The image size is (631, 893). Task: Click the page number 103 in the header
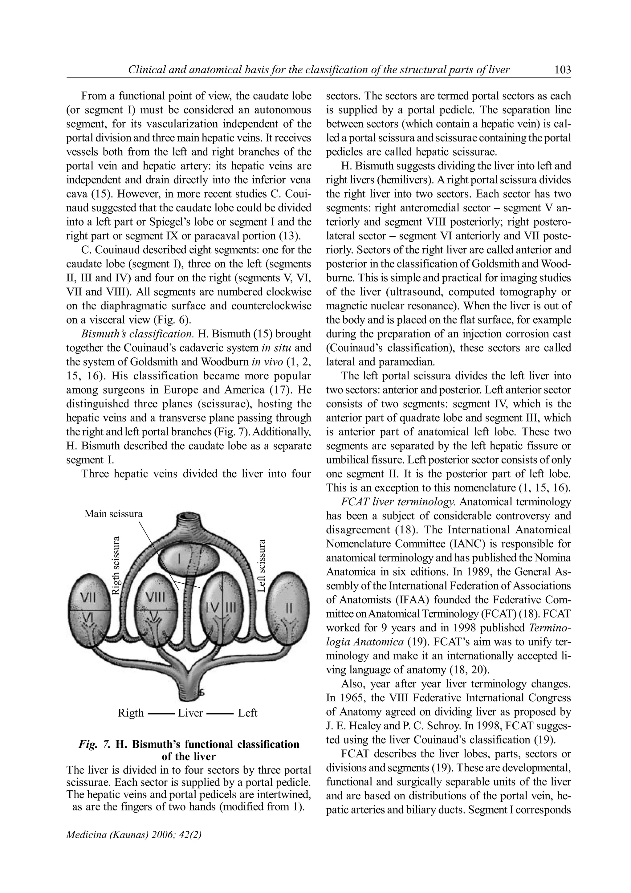pyautogui.click(x=562, y=70)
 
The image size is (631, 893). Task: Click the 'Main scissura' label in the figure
pyautogui.click(x=113, y=514)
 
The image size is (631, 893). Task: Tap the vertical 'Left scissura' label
pyautogui.click(x=262, y=565)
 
